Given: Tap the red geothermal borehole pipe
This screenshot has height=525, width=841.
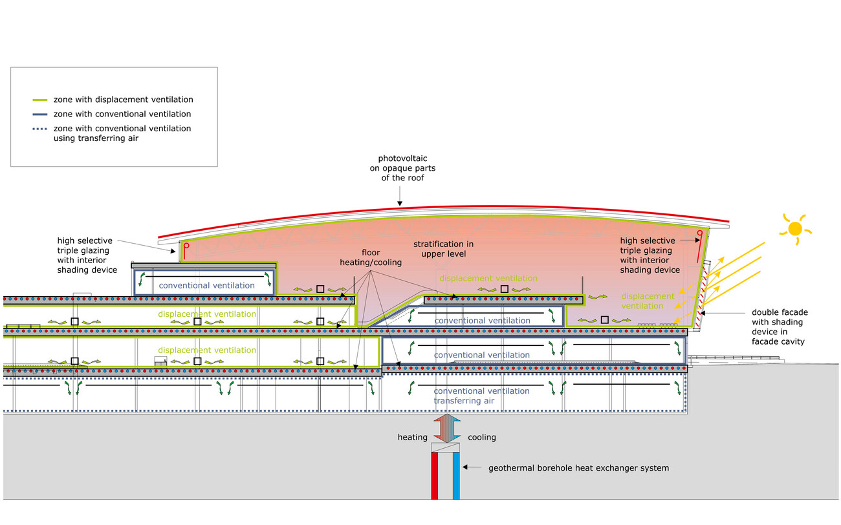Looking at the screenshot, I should click(x=435, y=475).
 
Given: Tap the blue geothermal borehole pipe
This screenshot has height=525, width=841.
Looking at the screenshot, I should click(x=456, y=475).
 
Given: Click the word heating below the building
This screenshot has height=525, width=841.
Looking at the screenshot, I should click(x=412, y=437).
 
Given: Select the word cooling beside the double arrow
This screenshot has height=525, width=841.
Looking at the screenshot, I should click(x=482, y=437).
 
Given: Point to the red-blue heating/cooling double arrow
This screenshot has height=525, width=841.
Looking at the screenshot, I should click(x=446, y=428).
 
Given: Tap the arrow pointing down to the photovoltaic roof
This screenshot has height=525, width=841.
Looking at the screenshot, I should click(x=400, y=194).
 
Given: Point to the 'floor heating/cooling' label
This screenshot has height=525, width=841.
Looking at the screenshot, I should click(x=370, y=258).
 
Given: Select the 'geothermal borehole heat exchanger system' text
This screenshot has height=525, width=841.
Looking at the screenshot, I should click(x=578, y=467).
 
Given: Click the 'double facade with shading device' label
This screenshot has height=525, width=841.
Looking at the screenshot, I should click(x=780, y=327).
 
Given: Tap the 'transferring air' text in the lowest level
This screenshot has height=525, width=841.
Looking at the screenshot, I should click(x=464, y=401).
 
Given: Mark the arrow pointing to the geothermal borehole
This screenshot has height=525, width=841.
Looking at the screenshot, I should click(x=474, y=467).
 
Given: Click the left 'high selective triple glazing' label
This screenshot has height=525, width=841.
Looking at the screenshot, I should click(x=87, y=254).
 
